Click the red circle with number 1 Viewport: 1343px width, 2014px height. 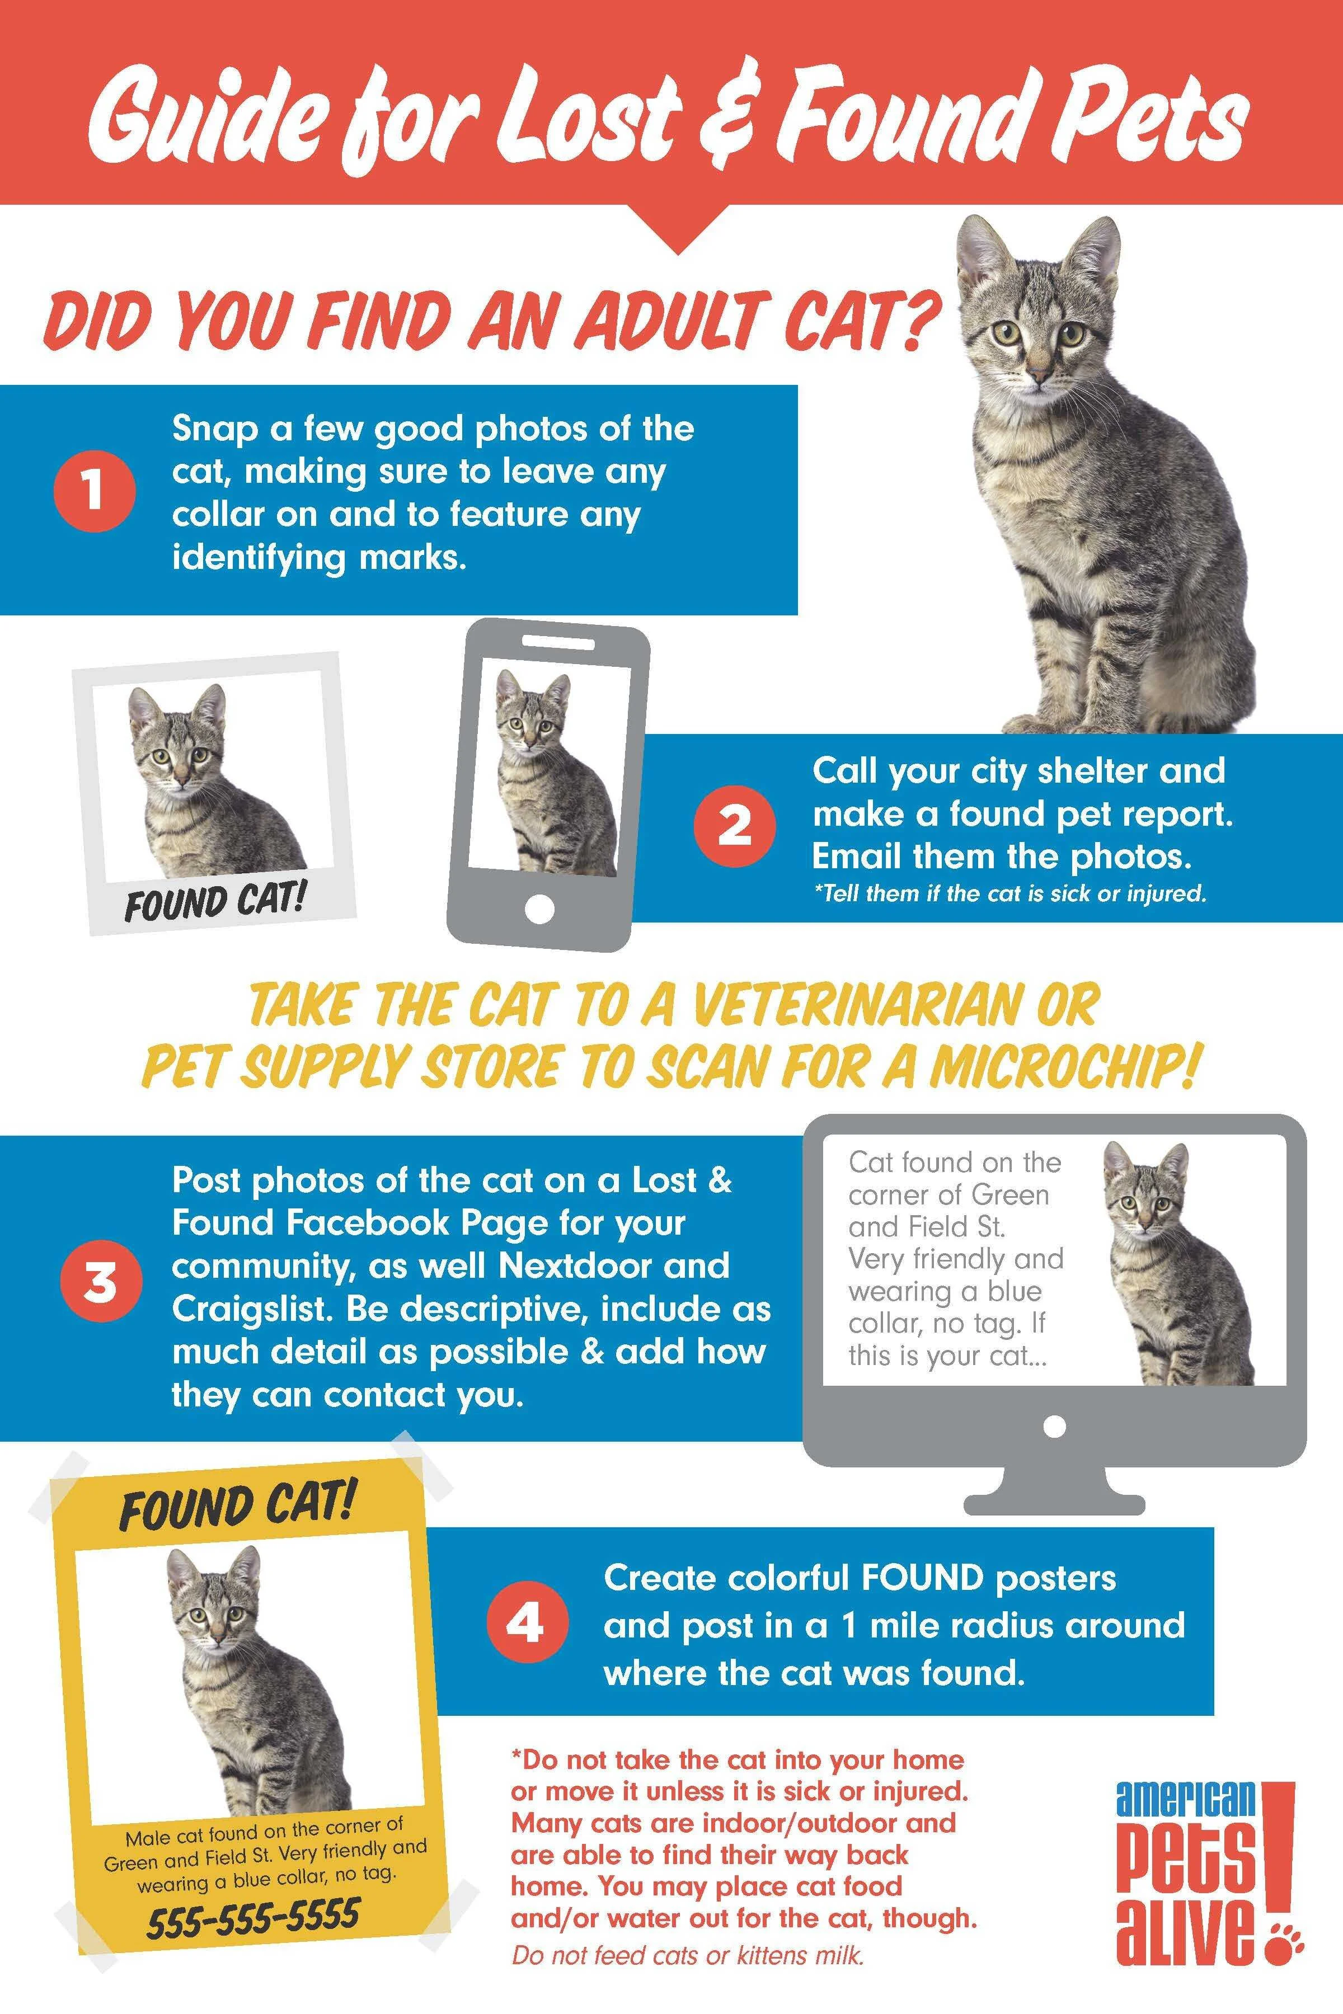click(x=93, y=492)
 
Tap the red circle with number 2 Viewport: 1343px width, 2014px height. click(x=734, y=826)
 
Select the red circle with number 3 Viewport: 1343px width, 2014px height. click(x=100, y=1283)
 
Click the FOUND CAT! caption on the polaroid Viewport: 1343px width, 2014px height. click(x=214, y=902)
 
